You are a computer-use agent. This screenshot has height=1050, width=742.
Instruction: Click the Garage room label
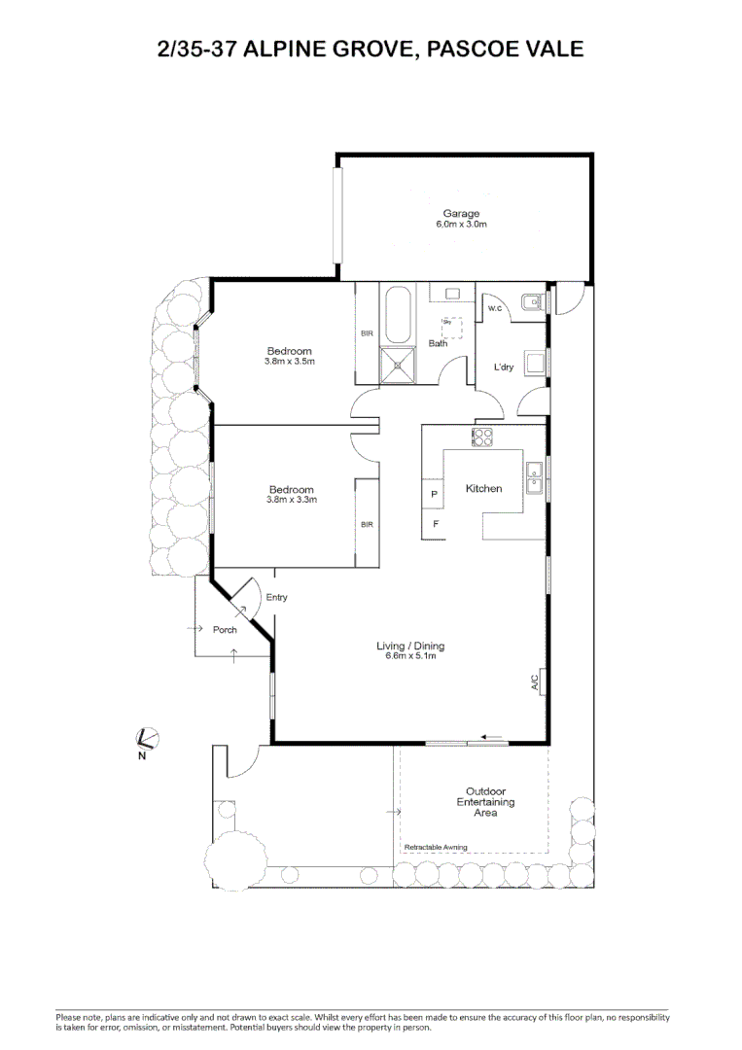click(x=461, y=214)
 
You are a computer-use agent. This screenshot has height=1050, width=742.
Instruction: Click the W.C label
click(x=494, y=309)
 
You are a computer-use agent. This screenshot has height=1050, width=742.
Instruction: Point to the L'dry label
click(x=503, y=367)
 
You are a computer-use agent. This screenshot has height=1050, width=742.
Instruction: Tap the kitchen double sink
click(x=534, y=475)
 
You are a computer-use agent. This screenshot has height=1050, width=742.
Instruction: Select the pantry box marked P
click(x=434, y=494)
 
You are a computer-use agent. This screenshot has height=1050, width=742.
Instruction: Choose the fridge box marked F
click(x=435, y=524)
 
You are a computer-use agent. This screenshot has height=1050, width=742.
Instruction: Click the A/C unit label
click(x=535, y=682)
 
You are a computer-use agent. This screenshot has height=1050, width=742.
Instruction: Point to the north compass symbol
click(x=146, y=740)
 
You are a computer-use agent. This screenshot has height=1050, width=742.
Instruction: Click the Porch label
click(x=225, y=630)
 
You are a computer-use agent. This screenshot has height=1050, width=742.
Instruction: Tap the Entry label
click(x=276, y=598)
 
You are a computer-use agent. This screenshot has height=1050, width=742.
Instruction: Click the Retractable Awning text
click(x=435, y=848)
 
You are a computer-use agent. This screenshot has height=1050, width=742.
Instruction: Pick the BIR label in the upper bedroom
click(x=367, y=333)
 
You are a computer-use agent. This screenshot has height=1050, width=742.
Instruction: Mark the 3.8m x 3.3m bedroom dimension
click(x=291, y=500)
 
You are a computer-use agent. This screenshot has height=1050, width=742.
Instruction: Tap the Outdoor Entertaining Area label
click(x=484, y=802)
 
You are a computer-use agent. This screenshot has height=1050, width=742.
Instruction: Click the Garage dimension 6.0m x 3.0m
click(x=461, y=225)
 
